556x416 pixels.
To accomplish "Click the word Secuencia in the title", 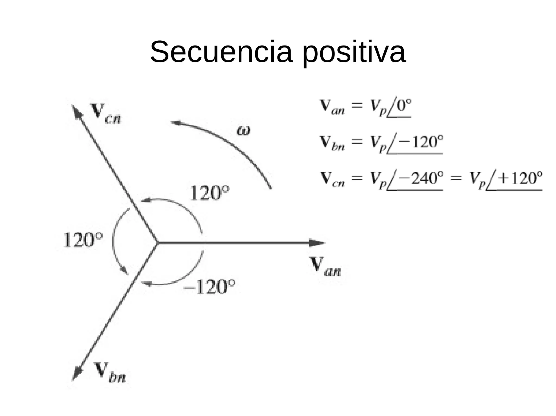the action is coord(221,52).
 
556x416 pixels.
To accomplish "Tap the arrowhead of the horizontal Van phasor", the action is coord(318,243).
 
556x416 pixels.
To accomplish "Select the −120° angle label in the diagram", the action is coord(209,287).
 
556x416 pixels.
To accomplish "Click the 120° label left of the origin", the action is coord(83,240).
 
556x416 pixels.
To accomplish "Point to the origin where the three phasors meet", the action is coord(157,243).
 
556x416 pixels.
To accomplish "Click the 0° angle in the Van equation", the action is coord(404,106).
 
